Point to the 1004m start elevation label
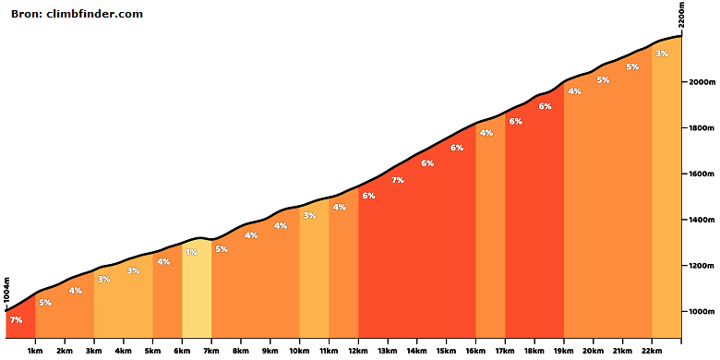point(6,290)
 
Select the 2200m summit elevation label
point(681,15)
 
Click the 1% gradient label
point(191,252)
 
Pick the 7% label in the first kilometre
point(16,320)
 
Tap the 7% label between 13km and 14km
point(398,180)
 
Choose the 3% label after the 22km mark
point(662,54)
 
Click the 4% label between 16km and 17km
point(486,133)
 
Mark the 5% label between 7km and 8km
point(222,249)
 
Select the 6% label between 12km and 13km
point(368,196)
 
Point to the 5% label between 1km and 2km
point(45,303)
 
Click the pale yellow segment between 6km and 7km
point(197,288)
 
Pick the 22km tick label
point(652,352)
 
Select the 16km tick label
point(475,352)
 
